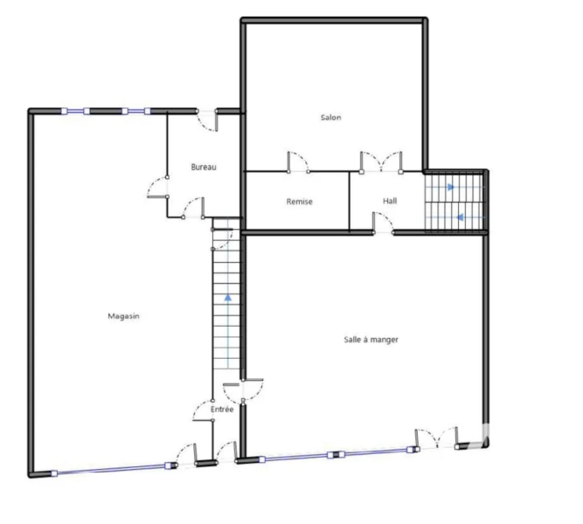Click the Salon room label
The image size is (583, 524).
(x=331, y=117)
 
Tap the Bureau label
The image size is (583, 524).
(x=204, y=167)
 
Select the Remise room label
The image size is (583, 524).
(x=299, y=202)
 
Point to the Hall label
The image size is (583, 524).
(x=390, y=201)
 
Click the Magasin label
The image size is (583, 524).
(x=123, y=316)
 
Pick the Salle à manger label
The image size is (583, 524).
(x=371, y=340)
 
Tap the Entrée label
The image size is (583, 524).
(x=222, y=410)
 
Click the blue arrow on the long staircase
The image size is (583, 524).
(x=228, y=298)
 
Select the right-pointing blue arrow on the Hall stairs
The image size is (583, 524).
(x=451, y=187)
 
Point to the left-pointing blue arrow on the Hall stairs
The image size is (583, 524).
(x=460, y=217)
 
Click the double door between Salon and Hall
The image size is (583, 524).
(x=381, y=162)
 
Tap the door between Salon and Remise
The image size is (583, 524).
(x=298, y=162)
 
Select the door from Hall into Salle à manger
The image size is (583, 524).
(x=383, y=224)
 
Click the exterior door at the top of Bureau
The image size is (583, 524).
(x=207, y=121)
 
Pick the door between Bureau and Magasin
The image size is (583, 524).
(x=157, y=187)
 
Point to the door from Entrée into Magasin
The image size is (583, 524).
(x=203, y=410)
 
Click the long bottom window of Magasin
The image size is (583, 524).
(x=112, y=469)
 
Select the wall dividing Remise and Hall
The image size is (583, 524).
(x=349, y=201)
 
